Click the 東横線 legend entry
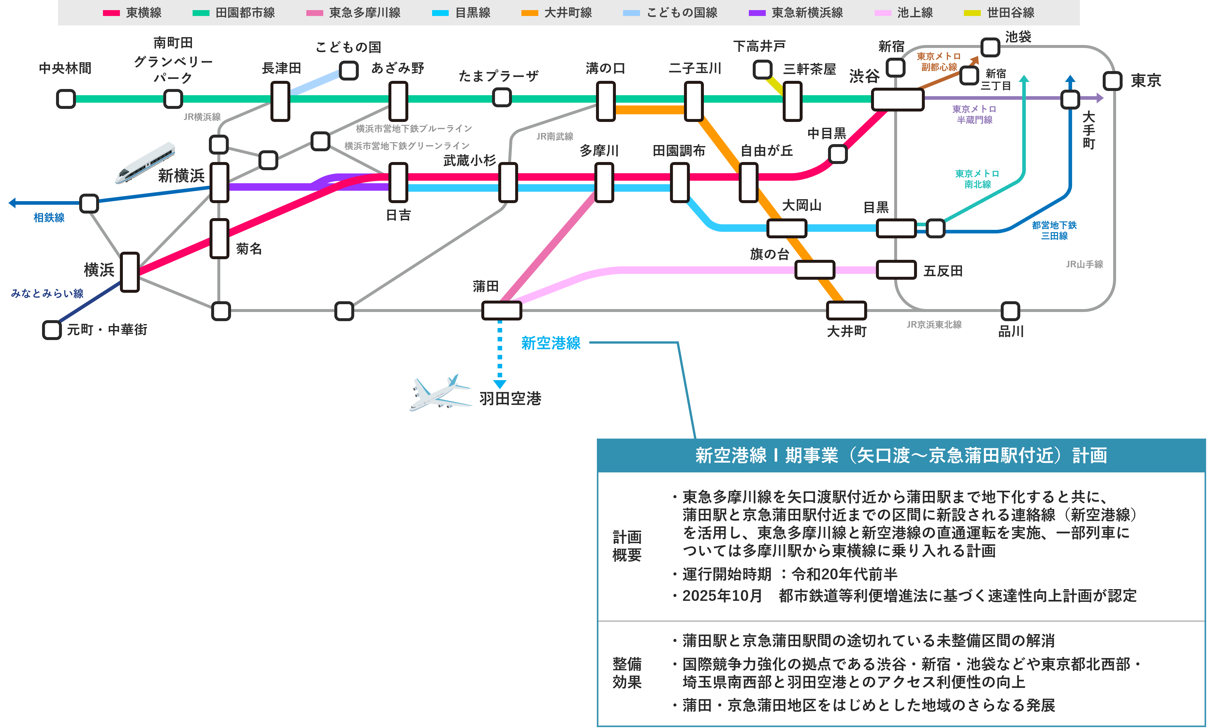click(x=132, y=13)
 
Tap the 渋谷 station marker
click(x=897, y=99)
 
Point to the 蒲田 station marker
click(x=502, y=310)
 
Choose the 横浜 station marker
click(x=130, y=272)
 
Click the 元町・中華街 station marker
click(x=52, y=330)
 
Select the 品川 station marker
click(x=1010, y=311)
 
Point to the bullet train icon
click(x=145, y=163)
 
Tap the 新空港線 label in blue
click(x=551, y=343)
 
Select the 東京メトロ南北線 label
click(x=977, y=179)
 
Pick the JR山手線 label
click(x=1084, y=264)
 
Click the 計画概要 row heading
click(x=627, y=546)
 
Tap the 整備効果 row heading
click(x=627, y=673)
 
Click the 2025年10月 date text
click(x=722, y=596)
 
